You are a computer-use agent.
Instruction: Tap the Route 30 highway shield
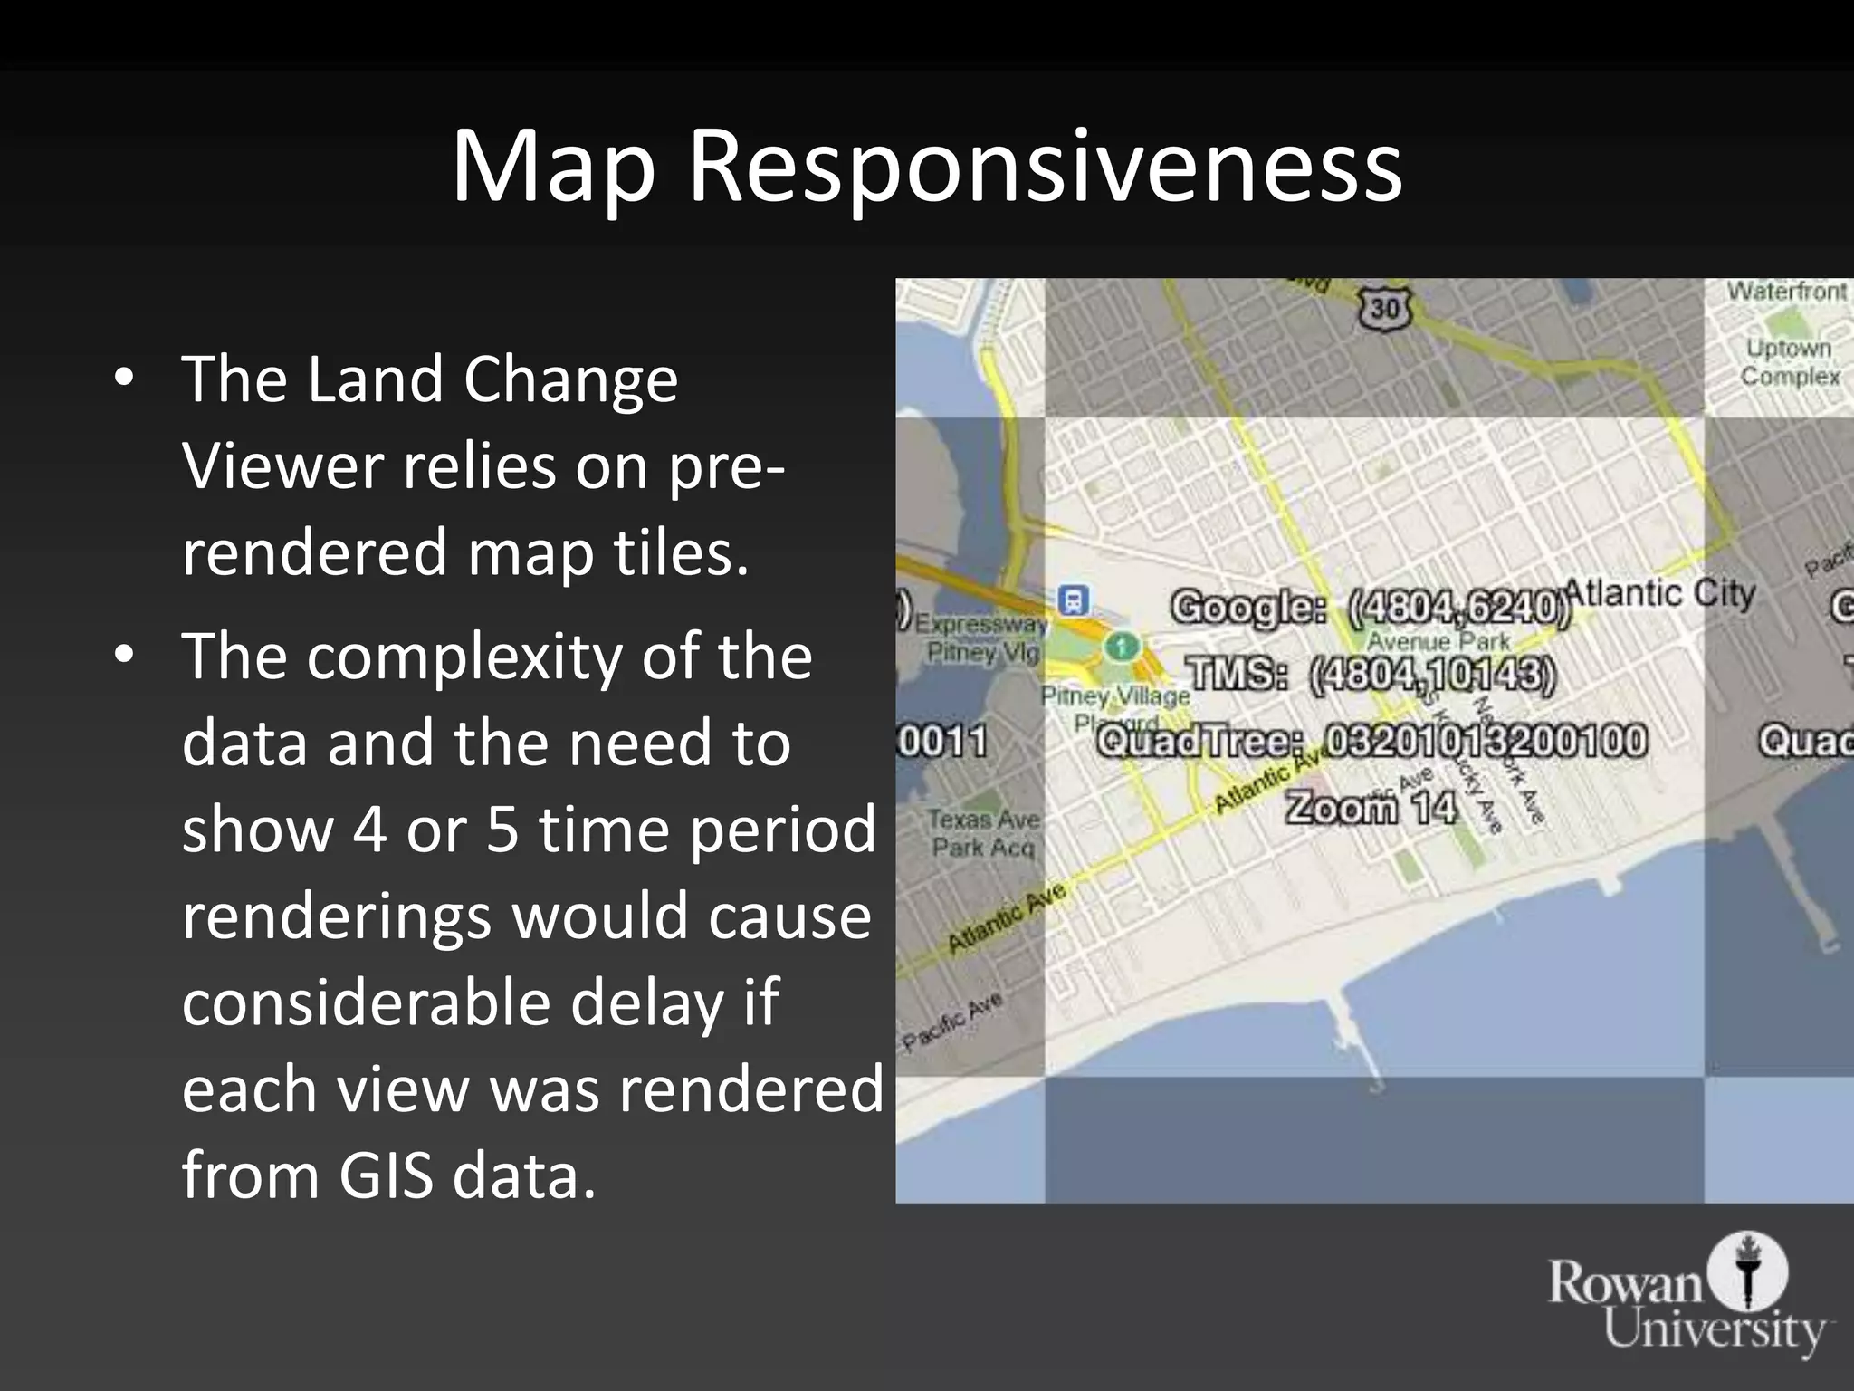[x=1385, y=310]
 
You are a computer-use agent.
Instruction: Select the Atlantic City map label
[x=1660, y=594]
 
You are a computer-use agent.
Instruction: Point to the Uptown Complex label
[x=1790, y=362]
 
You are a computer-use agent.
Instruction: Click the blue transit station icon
[x=1074, y=600]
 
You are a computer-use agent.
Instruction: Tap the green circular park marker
[x=1123, y=647]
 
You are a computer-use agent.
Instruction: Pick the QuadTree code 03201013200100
[x=1486, y=741]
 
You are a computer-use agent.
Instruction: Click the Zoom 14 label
[x=1371, y=807]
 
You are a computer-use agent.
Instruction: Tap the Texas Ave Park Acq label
[x=984, y=833]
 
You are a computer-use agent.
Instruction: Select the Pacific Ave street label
[x=952, y=1021]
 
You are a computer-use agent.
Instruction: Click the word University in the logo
[x=1715, y=1330]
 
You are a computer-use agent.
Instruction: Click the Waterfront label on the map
[x=1785, y=292]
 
